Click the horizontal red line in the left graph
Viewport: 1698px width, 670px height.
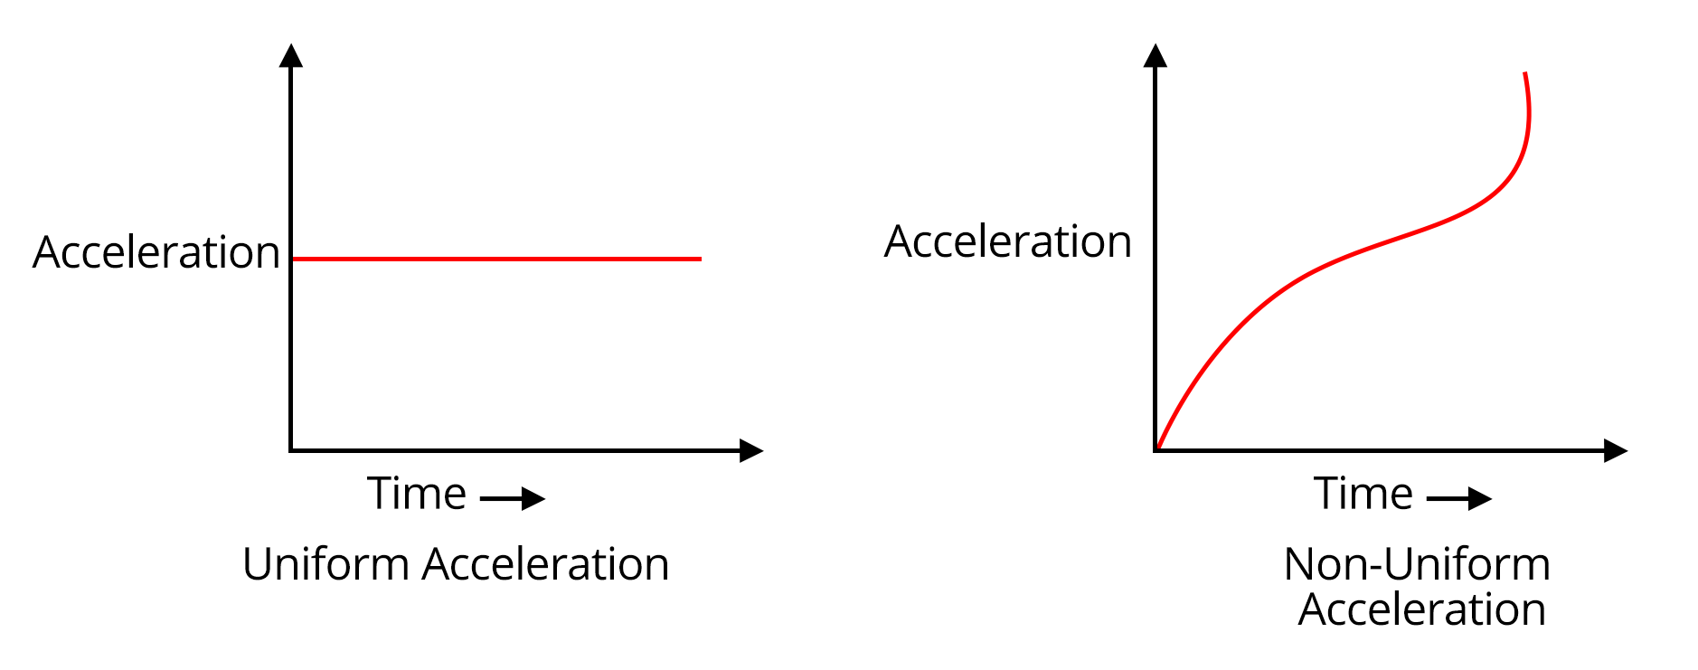(x=495, y=259)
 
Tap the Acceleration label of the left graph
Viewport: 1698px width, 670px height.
(x=156, y=252)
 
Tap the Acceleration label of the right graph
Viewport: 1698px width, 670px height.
(x=1007, y=241)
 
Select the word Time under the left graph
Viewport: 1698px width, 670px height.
(x=416, y=494)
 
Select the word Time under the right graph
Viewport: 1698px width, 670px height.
(x=1363, y=494)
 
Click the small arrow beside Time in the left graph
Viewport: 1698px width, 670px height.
(x=513, y=498)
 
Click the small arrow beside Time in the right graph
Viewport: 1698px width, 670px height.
(x=1458, y=498)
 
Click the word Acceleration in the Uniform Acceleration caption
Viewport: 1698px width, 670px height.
(x=545, y=564)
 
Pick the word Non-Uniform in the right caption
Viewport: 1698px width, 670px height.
(x=1416, y=564)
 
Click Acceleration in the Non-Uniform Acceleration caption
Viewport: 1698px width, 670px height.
(x=1421, y=609)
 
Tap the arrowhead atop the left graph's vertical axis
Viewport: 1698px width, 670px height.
(x=290, y=55)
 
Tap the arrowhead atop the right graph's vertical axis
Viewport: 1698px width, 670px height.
(x=1155, y=55)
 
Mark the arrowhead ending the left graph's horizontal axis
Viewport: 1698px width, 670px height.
(x=751, y=450)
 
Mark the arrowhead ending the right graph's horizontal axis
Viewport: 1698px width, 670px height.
(x=1616, y=450)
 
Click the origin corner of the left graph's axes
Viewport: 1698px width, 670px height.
(x=290, y=449)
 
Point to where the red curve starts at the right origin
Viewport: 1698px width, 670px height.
(x=1158, y=448)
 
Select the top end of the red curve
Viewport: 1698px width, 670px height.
(x=1525, y=74)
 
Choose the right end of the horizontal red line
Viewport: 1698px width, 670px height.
(x=699, y=259)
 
